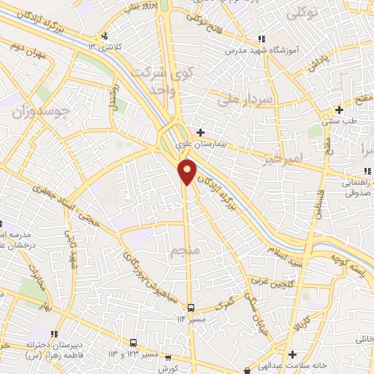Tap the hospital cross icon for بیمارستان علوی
coord(201,132)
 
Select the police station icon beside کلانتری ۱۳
coord(107,36)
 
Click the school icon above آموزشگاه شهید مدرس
coord(261,39)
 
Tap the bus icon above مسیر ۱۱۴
coord(191,308)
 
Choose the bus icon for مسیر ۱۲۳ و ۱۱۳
coord(134,343)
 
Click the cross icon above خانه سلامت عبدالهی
coord(291,354)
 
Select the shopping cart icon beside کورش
coord(168,358)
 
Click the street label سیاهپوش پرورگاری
coord(146,267)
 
